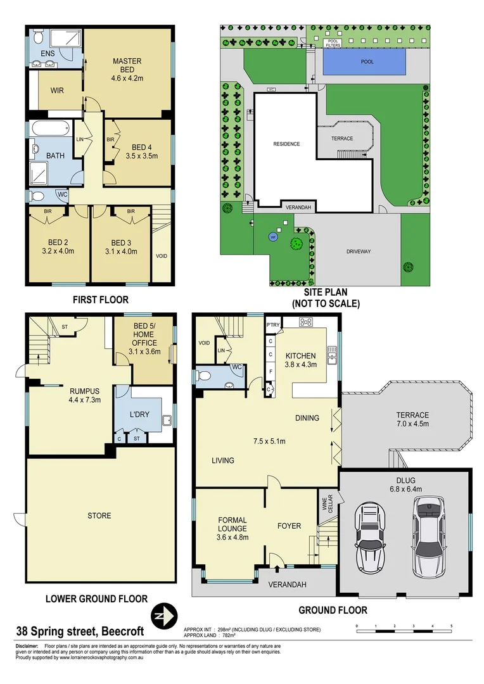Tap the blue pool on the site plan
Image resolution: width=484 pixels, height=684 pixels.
(x=364, y=61)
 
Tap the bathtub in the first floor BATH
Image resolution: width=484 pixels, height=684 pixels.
(x=49, y=129)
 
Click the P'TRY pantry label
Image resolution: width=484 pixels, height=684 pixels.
(x=273, y=324)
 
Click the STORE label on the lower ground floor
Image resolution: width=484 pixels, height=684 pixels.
(x=99, y=516)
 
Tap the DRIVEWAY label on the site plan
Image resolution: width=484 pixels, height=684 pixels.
(x=359, y=251)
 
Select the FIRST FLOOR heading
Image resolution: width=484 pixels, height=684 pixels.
(x=100, y=300)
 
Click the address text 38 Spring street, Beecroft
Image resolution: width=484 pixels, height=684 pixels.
(x=80, y=631)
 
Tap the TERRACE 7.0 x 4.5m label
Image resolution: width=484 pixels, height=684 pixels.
(x=413, y=420)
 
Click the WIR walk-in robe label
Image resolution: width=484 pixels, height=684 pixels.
(x=57, y=91)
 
